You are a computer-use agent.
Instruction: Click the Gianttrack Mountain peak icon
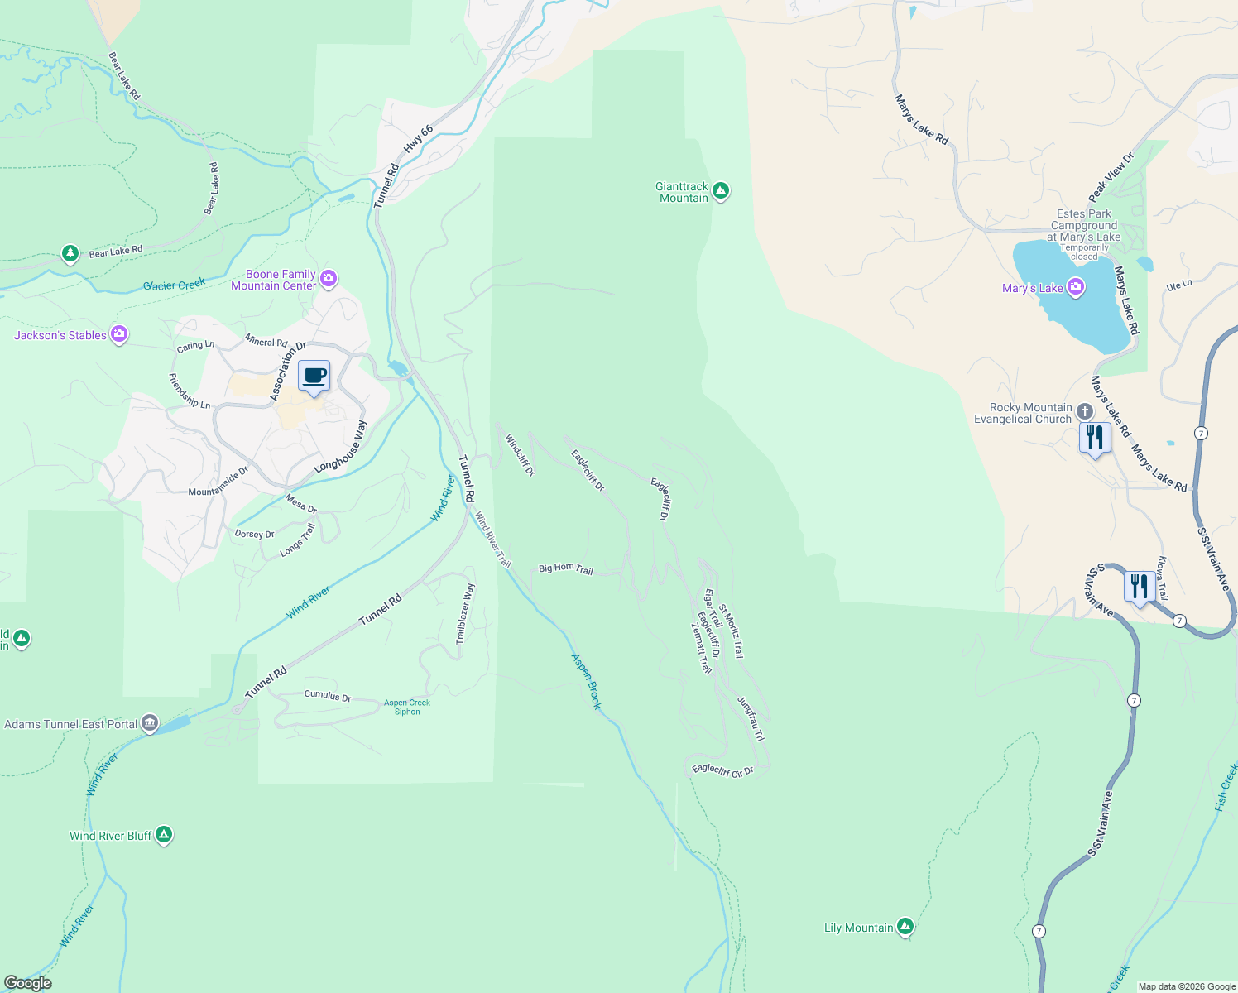pos(721,192)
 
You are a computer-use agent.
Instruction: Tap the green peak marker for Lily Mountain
pos(905,927)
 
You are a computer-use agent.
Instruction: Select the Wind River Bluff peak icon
pos(164,835)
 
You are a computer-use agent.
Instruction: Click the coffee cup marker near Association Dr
pos(314,377)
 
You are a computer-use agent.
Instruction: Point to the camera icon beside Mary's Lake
pos(1075,287)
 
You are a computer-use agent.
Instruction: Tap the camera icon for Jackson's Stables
pos(119,334)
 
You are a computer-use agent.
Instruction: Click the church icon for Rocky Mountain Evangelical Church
pos(1084,413)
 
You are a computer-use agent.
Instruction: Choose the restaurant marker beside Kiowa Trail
pos(1140,586)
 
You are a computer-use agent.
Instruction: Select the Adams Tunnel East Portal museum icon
pos(150,723)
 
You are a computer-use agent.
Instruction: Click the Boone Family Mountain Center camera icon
pos(329,279)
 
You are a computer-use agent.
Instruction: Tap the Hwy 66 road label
pos(418,139)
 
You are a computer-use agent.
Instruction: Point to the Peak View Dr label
pos(1111,177)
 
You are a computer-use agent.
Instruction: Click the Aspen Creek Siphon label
pos(407,707)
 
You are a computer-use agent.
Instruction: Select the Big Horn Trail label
pos(566,568)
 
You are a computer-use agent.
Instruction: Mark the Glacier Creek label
pos(174,285)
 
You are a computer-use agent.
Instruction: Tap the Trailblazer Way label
pos(465,613)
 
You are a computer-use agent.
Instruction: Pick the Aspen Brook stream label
pos(586,681)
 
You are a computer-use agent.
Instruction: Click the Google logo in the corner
pos(27,983)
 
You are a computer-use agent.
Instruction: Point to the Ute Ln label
pos(1178,285)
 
